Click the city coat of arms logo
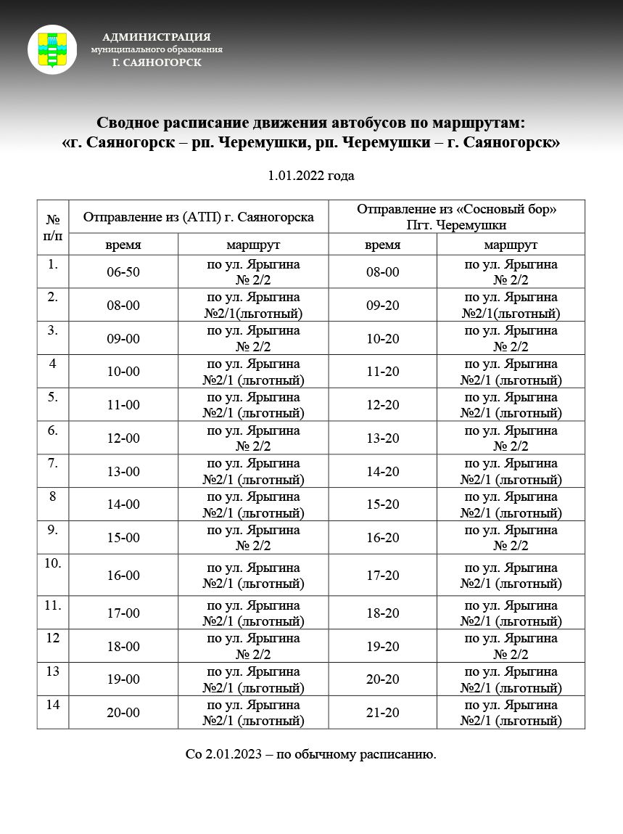(52, 49)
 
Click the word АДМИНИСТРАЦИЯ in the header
(157, 37)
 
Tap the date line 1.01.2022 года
(311, 176)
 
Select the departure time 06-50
(123, 272)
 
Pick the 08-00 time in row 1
(382, 272)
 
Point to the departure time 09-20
(382, 306)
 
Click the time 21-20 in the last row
(382, 713)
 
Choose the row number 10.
(53, 563)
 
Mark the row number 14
(53, 705)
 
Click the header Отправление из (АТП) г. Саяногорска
(198, 216)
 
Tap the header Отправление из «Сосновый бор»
(456, 209)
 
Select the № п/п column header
(53, 226)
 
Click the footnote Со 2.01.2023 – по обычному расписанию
(311, 755)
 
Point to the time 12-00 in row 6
(123, 438)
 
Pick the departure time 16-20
(382, 538)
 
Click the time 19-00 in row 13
(123, 679)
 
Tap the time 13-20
(382, 438)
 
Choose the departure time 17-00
(123, 613)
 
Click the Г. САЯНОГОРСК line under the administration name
(157, 62)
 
